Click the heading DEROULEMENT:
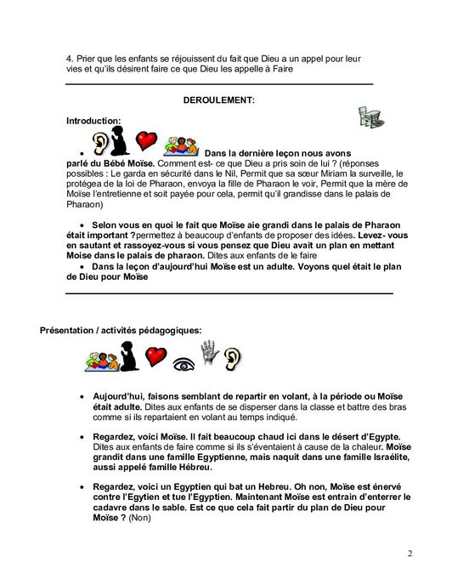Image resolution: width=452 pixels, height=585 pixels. point(218,100)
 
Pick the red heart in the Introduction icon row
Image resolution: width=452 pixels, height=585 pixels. point(147,138)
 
